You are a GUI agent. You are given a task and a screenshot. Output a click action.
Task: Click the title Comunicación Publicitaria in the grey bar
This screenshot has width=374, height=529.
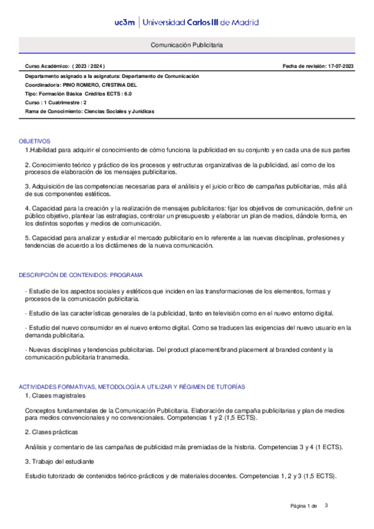click(x=187, y=46)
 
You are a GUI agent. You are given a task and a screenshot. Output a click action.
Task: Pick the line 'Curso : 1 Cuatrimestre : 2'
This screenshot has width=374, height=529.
click(x=56, y=102)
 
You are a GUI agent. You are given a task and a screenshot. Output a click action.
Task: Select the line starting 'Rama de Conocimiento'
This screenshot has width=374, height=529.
click(x=89, y=111)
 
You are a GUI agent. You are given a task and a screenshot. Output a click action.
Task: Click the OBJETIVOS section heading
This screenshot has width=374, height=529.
click(x=34, y=142)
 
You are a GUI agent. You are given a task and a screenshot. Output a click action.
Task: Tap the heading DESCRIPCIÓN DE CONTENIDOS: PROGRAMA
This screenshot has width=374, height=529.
click(x=81, y=274)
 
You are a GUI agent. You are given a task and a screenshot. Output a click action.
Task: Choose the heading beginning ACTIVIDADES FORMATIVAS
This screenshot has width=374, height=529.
click(x=132, y=387)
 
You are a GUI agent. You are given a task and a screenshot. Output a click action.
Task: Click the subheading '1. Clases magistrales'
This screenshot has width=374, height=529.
click(x=55, y=396)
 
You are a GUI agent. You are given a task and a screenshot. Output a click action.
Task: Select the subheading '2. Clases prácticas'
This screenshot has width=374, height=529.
click(x=52, y=432)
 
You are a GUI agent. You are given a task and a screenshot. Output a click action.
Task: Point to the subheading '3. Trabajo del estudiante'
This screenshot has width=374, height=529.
click(x=59, y=461)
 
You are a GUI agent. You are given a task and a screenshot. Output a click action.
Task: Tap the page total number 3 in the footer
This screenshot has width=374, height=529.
click(x=326, y=505)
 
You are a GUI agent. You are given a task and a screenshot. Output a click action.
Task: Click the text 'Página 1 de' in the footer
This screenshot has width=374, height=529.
click(x=304, y=505)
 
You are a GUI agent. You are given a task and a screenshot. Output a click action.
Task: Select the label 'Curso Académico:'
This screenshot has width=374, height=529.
click(x=47, y=66)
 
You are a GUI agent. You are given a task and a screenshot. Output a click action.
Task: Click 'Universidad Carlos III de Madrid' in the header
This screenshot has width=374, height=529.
click(x=200, y=22)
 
